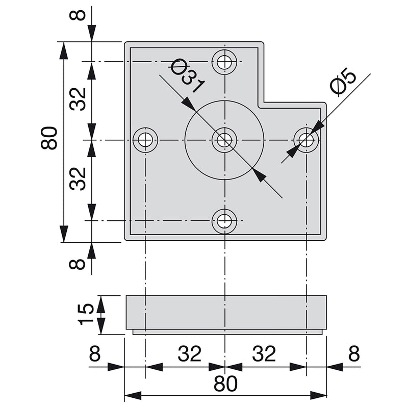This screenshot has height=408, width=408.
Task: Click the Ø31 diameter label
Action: click(187, 76)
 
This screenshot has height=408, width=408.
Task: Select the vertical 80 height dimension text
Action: click(49, 138)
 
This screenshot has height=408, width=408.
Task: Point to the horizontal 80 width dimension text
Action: click(225, 384)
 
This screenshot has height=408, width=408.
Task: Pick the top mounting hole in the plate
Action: click(224, 62)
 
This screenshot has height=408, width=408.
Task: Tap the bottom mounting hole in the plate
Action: click(224, 221)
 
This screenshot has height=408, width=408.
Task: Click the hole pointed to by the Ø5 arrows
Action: click(306, 139)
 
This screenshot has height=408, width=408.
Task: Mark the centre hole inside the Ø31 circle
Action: click(224, 139)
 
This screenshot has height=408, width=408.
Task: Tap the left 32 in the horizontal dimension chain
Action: click(190, 353)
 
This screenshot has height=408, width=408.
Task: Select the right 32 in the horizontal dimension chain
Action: click(264, 353)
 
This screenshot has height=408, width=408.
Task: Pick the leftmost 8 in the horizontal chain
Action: click(95, 353)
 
